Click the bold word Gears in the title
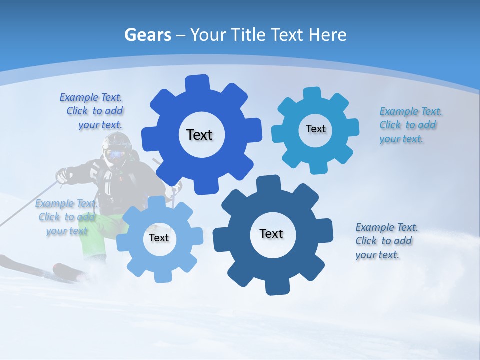click(147, 35)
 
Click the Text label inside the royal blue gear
click(199, 135)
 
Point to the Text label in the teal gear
click(315, 129)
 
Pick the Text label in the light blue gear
click(159, 238)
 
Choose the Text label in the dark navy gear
click(271, 233)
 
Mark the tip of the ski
click(4, 260)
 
